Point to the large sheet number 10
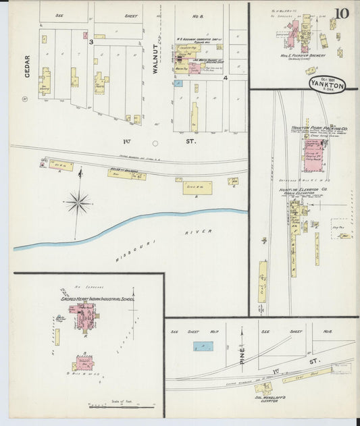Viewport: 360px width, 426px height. tap(341, 13)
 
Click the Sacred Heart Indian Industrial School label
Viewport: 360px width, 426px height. tap(93, 298)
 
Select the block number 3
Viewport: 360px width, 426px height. tap(91, 42)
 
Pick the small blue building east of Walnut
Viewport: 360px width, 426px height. tap(178, 84)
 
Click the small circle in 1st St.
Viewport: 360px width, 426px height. tap(155, 143)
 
